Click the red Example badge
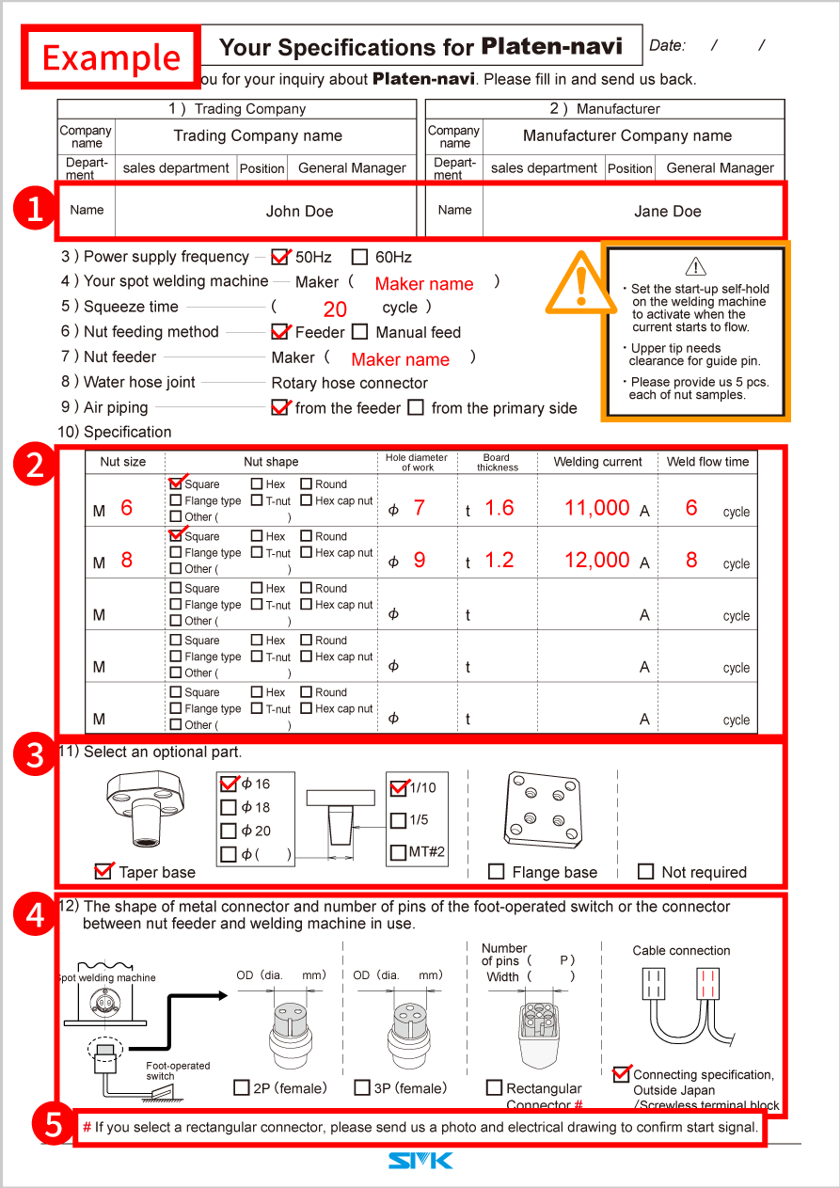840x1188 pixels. point(111,57)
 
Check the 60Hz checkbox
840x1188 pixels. point(359,257)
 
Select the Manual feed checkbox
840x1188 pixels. point(359,332)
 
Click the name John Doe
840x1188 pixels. point(299,212)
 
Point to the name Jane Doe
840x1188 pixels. point(667,212)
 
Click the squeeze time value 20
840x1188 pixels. point(335,309)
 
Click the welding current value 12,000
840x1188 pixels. point(596,561)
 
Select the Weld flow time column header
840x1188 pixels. point(707,462)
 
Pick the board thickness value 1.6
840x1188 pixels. point(499,509)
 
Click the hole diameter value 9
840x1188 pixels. point(420,561)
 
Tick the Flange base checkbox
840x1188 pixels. point(497,872)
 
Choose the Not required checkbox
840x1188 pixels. point(645,872)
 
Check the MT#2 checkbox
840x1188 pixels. point(398,853)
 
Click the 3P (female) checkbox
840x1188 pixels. point(362,1088)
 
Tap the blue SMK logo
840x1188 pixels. point(420,1163)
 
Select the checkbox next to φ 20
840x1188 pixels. point(229,832)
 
